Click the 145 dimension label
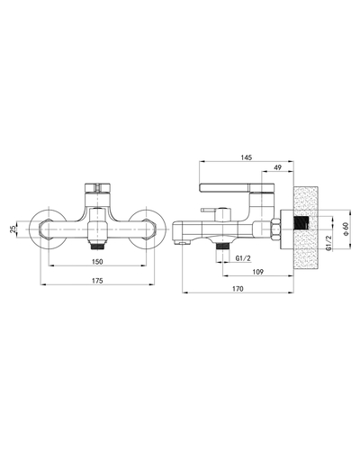247,157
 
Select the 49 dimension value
278,167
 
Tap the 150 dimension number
97,262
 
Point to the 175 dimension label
97,281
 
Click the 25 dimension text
13,229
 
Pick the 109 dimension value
258,272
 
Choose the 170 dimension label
238,289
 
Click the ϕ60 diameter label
346,229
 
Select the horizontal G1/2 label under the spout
243,258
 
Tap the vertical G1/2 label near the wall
328,243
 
